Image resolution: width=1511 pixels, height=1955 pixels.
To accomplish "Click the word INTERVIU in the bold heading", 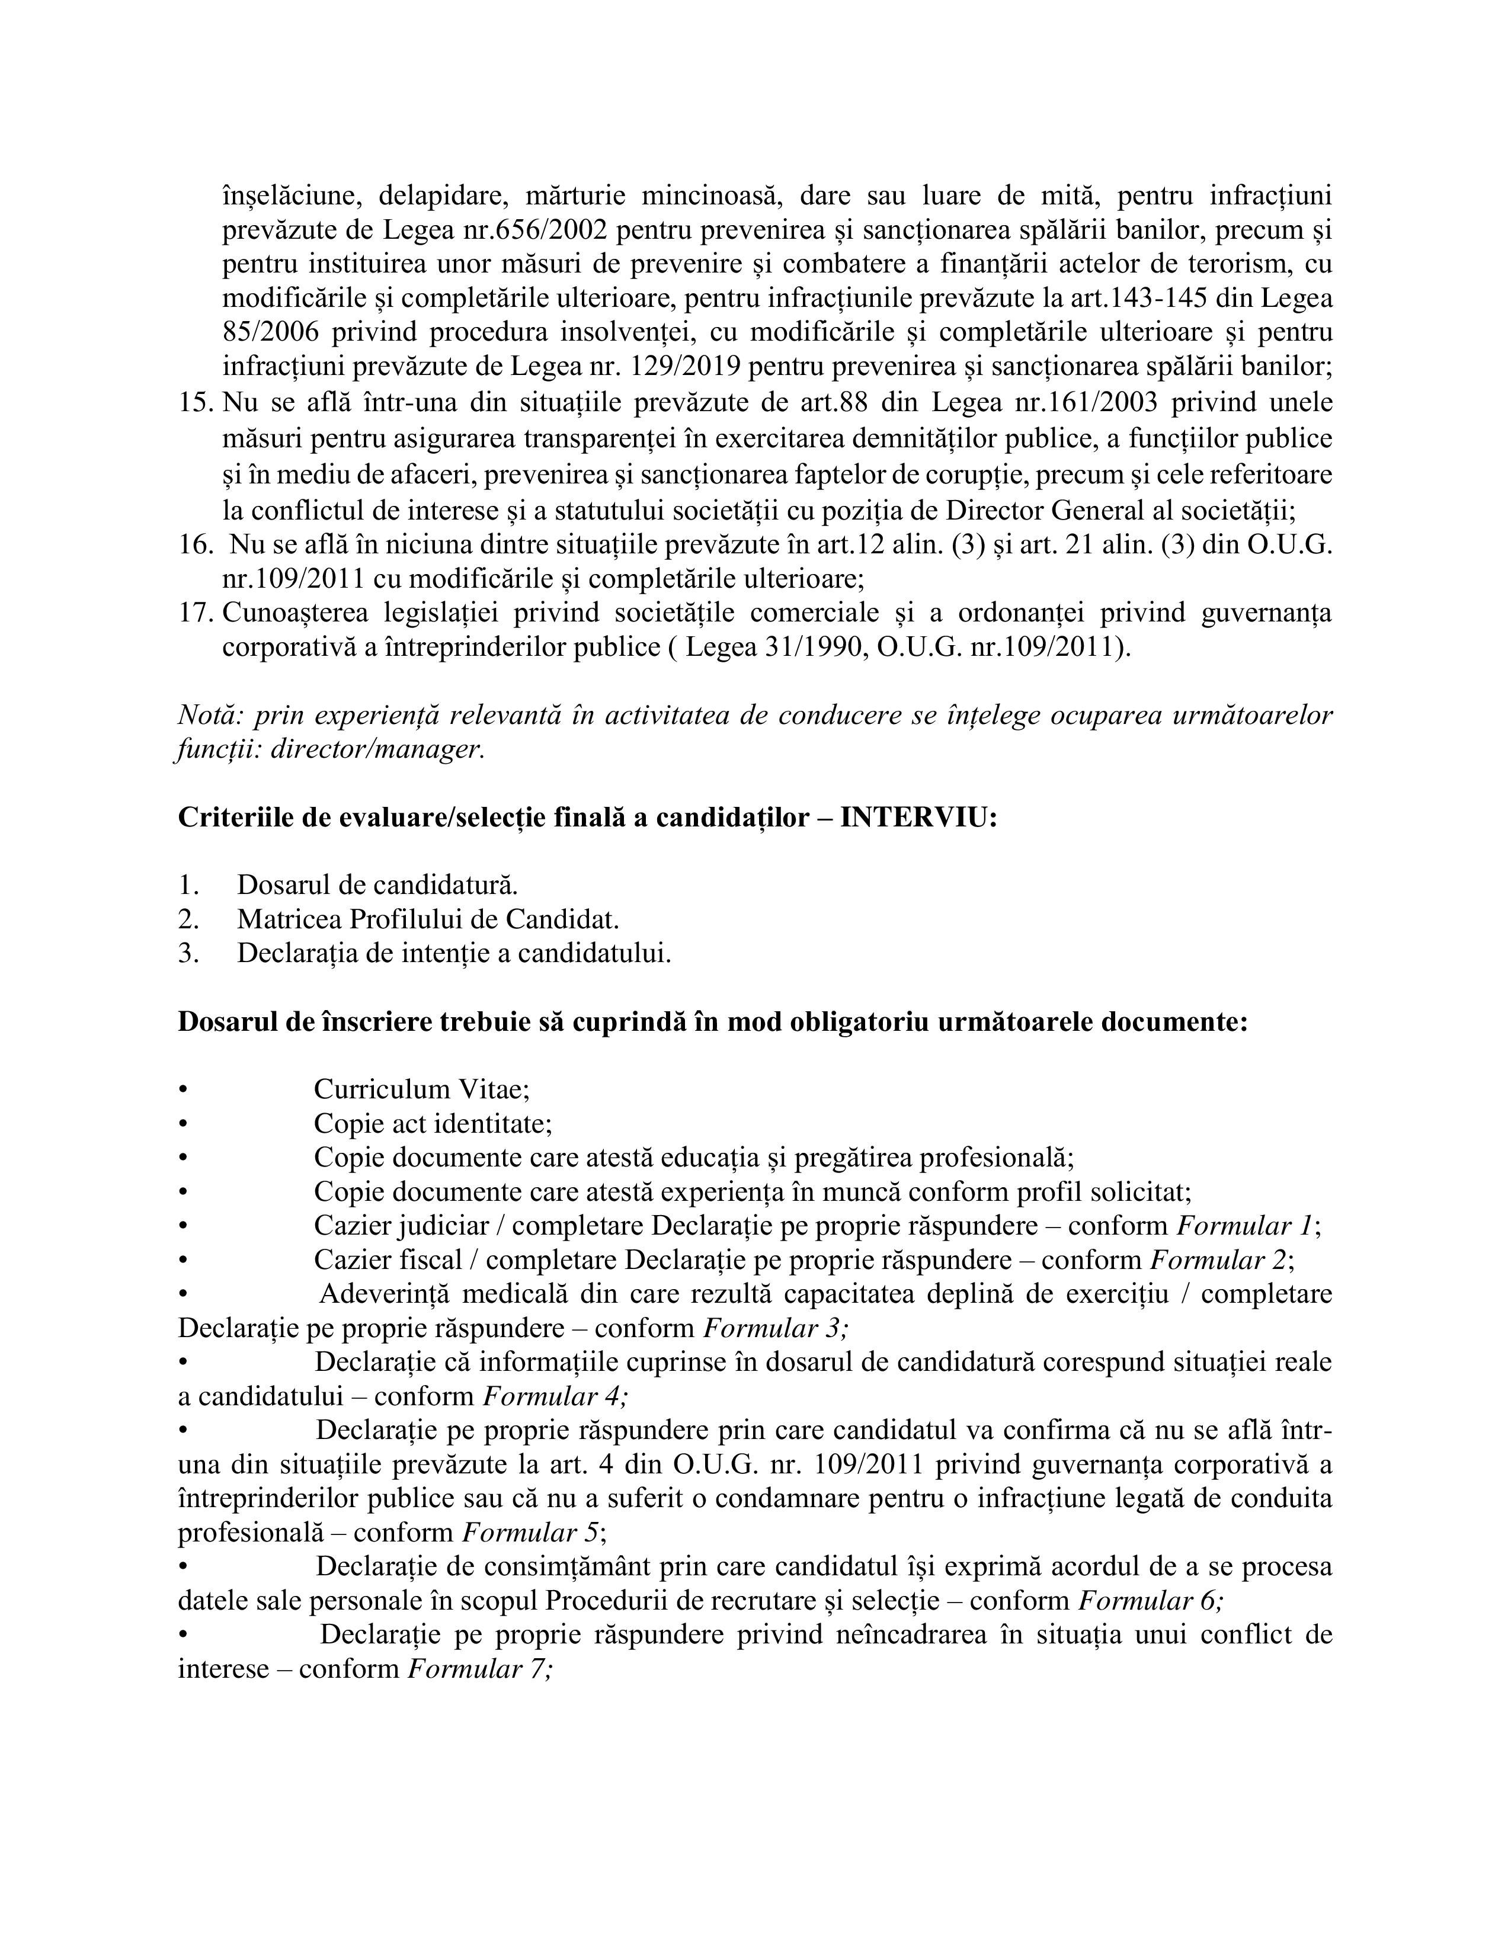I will (x=917, y=818).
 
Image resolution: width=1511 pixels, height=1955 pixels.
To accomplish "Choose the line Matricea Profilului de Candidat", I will (x=428, y=919).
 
